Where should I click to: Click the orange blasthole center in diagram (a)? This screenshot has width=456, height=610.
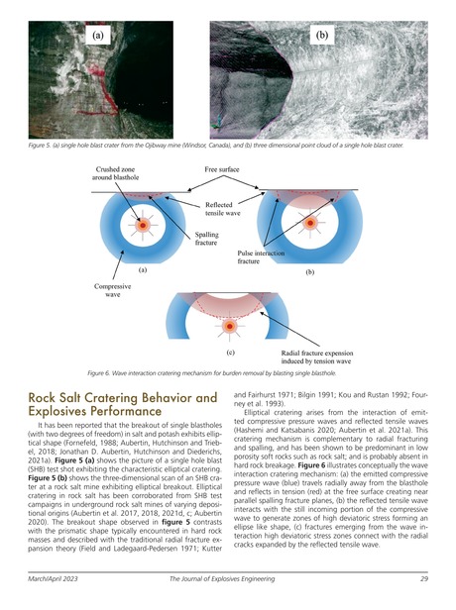145,226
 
